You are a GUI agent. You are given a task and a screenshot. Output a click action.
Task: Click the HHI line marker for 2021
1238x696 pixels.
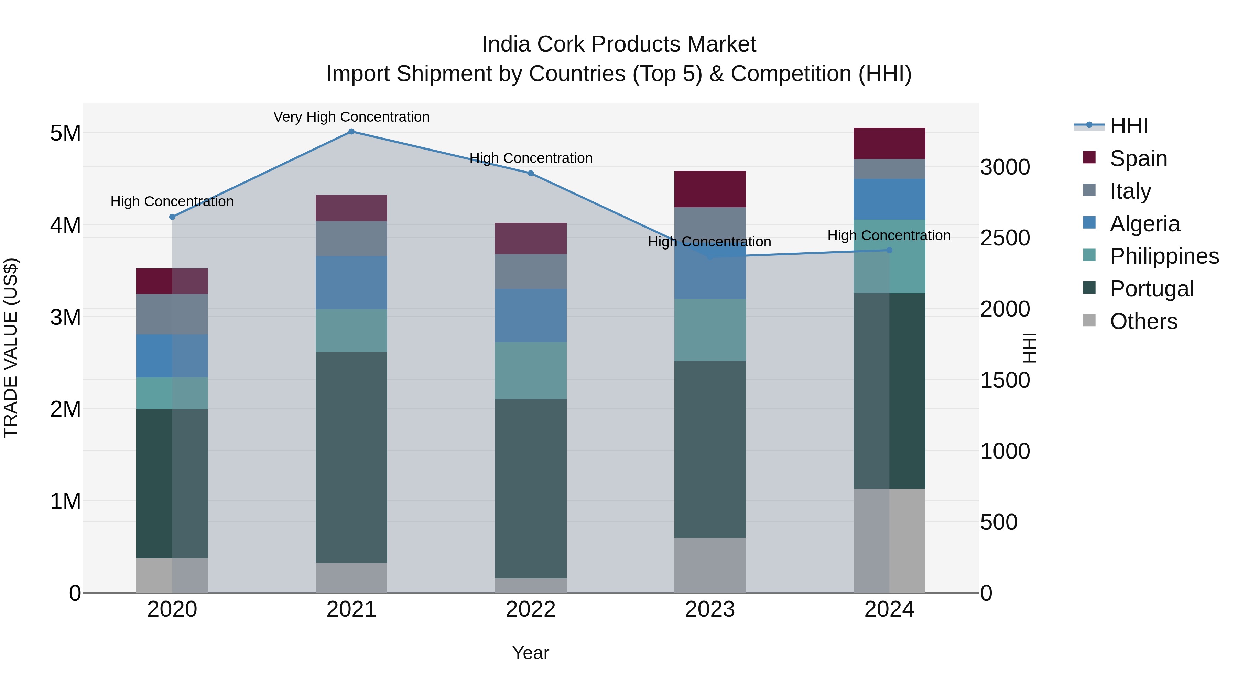click(x=351, y=132)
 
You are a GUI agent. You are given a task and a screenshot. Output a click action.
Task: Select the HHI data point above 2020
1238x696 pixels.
click(x=172, y=217)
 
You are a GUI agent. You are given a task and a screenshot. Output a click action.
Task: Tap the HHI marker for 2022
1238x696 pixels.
click(x=531, y=174)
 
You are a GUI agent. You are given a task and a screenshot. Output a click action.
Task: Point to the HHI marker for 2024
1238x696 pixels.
click(x=889, y=250)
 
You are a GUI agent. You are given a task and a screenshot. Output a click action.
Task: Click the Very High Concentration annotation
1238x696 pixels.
click(x=351, y=117)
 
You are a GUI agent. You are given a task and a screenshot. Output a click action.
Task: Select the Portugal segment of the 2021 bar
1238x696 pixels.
click(x=351, y=457)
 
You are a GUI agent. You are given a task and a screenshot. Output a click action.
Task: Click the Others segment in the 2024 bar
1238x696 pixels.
click(x=889, y=541)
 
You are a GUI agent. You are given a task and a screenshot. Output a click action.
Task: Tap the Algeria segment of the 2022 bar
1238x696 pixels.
click(x=531, y=316)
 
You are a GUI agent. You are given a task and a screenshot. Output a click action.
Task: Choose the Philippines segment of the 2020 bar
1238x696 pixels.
click(x=172, y=394)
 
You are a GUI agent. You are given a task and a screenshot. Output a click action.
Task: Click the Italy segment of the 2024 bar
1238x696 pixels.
click(x=889, y=169)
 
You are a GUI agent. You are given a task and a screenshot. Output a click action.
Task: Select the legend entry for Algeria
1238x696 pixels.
click(x=1144, y=224)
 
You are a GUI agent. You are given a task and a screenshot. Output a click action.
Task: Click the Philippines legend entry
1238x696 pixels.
click(x=1163, y=256)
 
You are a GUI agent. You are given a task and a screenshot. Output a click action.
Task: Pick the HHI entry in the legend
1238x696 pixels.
click(x=1128, y=126)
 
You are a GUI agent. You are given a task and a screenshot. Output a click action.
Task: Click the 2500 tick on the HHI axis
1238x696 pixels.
click(x=1005, y=238)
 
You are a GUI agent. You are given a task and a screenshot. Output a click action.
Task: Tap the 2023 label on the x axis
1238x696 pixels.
click(x=710, y=609)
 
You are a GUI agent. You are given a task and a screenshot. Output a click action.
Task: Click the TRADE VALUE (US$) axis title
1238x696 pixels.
click(x=11, y=348)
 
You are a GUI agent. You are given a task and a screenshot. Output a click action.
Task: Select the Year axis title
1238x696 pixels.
click(x=531, y=653)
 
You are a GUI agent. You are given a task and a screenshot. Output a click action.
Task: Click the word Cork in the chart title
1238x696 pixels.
click(x=562, y=44)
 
